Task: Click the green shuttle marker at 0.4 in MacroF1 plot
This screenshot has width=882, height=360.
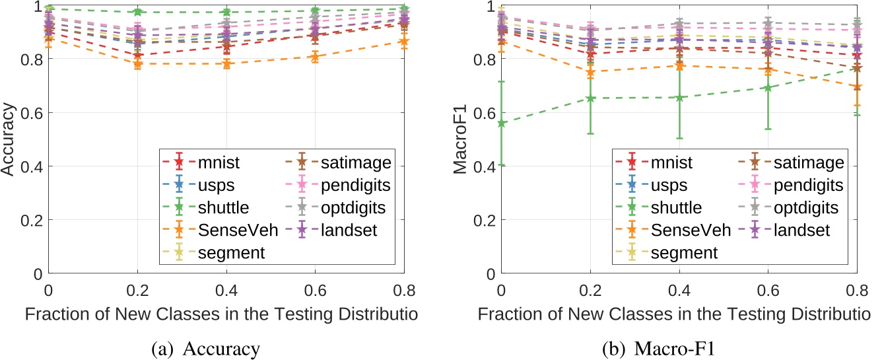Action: point(679,97)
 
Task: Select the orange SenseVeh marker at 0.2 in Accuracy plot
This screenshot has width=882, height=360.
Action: point(137,64)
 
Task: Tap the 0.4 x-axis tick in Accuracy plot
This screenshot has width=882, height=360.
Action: point(226,290)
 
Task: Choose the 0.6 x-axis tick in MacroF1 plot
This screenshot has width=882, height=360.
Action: point(768,290)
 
